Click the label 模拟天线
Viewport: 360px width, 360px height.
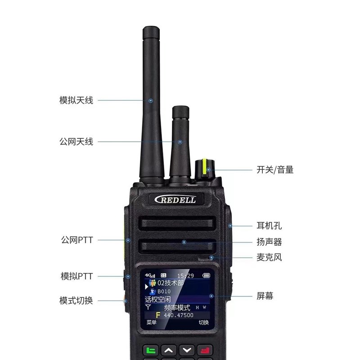click(x=76, y=100)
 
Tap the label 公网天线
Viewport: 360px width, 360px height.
click(x=76, y=142)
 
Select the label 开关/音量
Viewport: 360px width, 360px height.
click(x=275, y=170)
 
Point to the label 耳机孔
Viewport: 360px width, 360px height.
click(x=269, y=225)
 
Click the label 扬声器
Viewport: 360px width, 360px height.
click(x=269, y=242)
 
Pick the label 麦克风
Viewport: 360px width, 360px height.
click(x=269, y=258)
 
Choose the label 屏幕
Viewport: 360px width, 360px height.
click(x=265, y=296)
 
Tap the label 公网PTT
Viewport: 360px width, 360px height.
click(x=76, y=240)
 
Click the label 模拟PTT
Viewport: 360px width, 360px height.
click(x=76, y=276)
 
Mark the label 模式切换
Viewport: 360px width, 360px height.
click(x=76, y=300)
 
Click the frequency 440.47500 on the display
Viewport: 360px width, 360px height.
click(x=179, y=315)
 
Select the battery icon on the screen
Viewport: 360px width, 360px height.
click(x=206, y=275)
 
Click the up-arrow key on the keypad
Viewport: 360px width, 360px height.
click(x=169, y=350)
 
